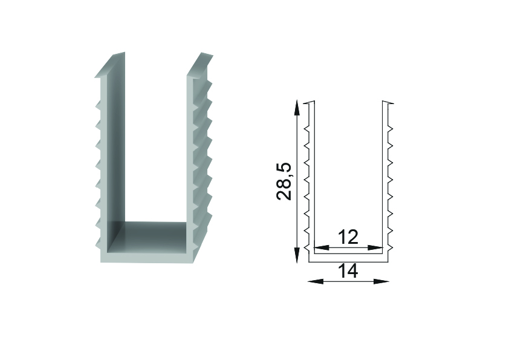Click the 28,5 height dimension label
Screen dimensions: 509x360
(x=284, y=182)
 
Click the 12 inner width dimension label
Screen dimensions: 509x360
(x=348, y=237)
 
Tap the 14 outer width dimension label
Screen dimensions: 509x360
(x=348, y=270)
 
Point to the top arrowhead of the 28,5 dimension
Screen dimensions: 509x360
(x=296, y=108)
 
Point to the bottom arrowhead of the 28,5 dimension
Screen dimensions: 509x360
(x=296, y=255)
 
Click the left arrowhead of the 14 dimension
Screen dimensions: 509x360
(x=315, y=281)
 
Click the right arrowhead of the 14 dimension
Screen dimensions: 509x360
(x=381, y=281)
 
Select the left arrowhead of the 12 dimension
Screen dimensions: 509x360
(x=322, y=247)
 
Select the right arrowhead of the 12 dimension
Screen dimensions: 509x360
(x=375, y=247)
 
